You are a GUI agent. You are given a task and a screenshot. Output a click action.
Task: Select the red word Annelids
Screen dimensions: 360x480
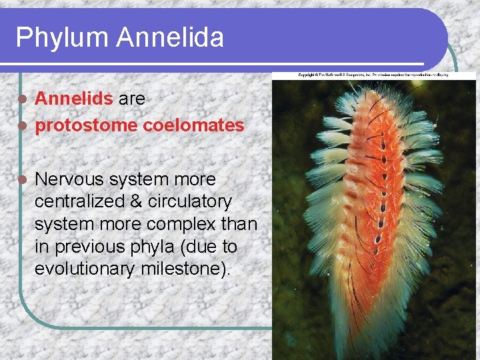(73, 99)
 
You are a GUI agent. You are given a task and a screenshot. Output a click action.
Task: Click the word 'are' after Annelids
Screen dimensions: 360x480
(131, 99)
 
